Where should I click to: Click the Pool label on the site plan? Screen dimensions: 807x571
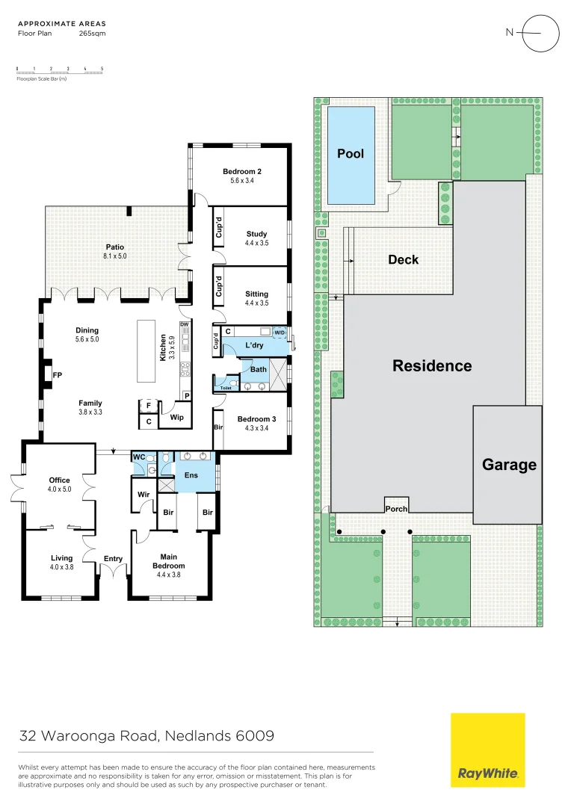(351, 153)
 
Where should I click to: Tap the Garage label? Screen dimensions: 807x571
(509, 464)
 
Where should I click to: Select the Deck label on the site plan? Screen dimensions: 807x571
(403, 259)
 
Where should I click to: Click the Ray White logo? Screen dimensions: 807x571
(487, 750)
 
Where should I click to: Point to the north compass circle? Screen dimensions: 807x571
(540, 33)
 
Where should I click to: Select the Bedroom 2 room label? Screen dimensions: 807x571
(242, 172)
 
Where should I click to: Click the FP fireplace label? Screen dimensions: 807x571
(57, 374)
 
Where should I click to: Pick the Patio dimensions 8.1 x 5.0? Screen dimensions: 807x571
(114, 256)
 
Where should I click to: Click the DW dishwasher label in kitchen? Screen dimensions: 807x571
(184, 324)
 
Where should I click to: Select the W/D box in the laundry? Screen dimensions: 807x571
(280, 332)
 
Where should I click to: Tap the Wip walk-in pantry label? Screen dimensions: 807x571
(176, 418)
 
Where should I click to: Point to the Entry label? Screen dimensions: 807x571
(113, 558)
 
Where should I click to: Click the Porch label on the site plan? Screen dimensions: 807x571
(396, 509)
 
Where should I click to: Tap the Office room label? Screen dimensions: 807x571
(59, 480)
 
